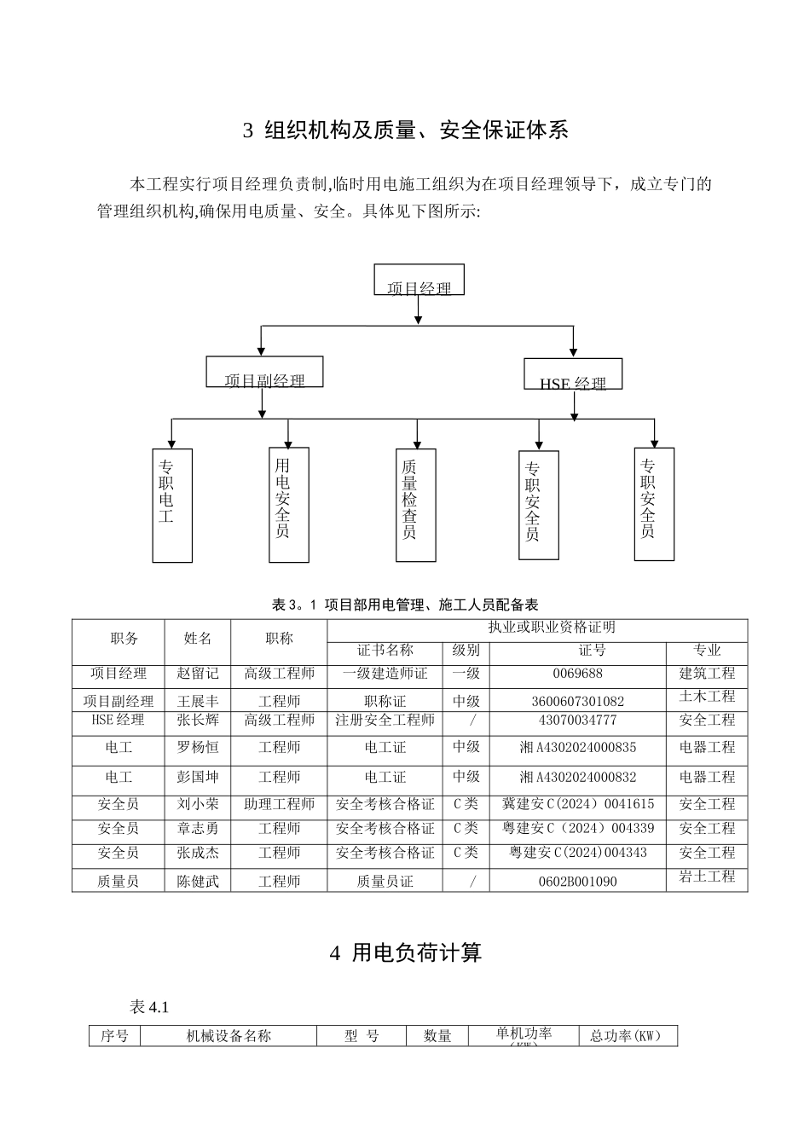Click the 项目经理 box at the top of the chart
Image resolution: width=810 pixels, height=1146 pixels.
coord(419,281)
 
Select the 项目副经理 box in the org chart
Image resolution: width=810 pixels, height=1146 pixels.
coord(264,372)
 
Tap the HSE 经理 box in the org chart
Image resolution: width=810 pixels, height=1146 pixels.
coord(572,374)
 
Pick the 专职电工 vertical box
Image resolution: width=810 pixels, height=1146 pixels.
coord(171,505)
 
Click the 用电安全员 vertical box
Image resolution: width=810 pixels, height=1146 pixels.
coord(288,505)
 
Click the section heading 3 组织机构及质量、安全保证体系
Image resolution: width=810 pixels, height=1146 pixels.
coord(405,130)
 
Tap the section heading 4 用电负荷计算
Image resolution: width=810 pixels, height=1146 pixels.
coord(405,952)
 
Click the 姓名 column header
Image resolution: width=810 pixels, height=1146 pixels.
coord(198,638)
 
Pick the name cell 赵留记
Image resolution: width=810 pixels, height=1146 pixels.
coord(198,674)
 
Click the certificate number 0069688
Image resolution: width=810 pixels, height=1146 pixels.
coord(577,674)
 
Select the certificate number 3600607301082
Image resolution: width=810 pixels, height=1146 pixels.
coord(577,701)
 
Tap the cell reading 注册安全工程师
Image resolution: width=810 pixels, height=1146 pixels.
coord(385,720)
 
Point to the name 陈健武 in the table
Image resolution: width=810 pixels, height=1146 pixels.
coord(198,881)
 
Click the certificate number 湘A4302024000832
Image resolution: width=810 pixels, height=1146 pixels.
coord(577,777)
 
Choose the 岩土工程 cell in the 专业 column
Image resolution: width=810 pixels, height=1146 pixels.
coord(707,877)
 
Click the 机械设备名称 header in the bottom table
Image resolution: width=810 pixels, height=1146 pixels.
coord(229,1036)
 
